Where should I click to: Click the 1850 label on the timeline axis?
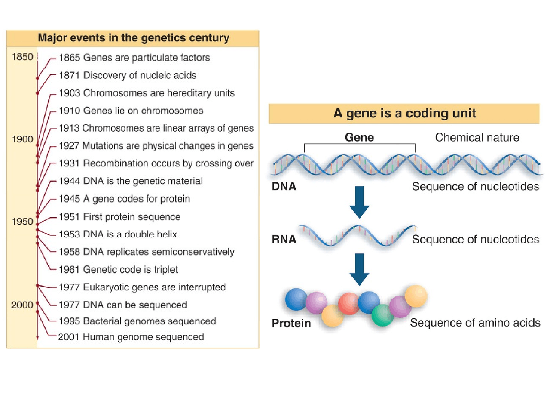click(x=22, y=57)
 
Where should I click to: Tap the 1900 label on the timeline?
click(x=22, y=139)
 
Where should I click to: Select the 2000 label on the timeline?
click(x=22, y=305)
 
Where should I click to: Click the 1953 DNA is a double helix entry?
click(x=118, y=234)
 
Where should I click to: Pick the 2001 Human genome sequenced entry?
click(x=131, y=337)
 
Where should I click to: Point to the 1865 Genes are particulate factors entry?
click(x=134, y=58)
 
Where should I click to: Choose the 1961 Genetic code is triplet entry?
click(x=118, y=270)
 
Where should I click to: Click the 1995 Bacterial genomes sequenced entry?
click(x=137, y=321)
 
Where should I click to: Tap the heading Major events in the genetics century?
click(x=133, y=38)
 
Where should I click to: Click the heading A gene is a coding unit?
click(x=404, y=114)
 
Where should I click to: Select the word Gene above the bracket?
click(x=359, y=138)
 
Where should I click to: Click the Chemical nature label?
click(x=477, y=138)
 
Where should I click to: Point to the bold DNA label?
click(x=284, y=187)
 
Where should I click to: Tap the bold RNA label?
click(x=284, y=240)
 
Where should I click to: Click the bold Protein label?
click(x=291, y=323)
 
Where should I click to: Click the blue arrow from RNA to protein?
click(x=359, y=269)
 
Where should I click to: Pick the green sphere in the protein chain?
click(x=382, y=315)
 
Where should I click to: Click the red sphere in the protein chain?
click(x=348, y=303)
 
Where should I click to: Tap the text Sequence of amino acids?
click(x=475, y=323)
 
